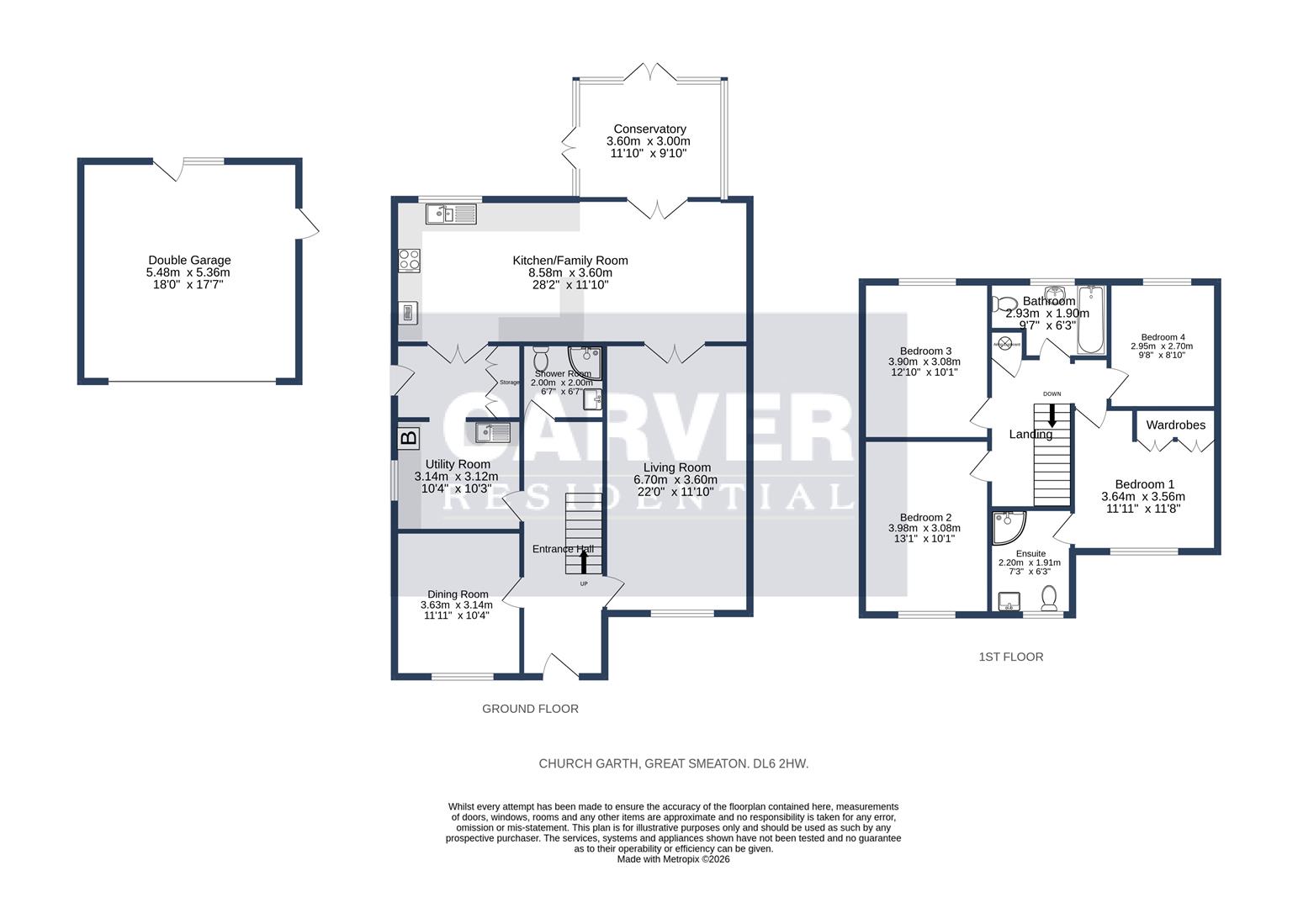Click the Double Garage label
[188, 261]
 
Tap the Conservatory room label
[649, 129]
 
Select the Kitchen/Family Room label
[570, 261]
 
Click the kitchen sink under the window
[451, 214]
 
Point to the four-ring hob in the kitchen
[409, 261]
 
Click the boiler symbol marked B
[408, 437]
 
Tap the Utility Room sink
[492, 433]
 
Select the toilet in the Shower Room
[540, 355]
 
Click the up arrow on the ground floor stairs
[585, 561]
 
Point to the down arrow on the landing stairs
[1052, 415]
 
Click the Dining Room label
[457, 594]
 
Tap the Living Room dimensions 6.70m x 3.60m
[676, 480]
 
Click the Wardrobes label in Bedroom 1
[1175, 425]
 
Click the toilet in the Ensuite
[1049, 598]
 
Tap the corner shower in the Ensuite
[1008, 526]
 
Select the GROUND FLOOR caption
[530, 709]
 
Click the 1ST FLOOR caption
[1010, 657]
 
